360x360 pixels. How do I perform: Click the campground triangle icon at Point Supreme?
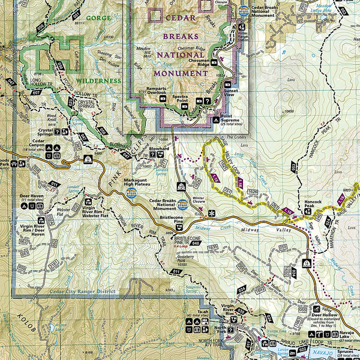[216, 120]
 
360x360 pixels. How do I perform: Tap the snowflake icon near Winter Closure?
[211, 213]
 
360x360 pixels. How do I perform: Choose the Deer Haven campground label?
[32, 195]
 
